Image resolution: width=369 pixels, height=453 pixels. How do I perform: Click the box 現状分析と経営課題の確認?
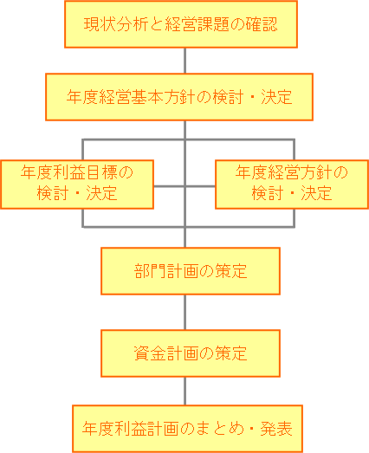181,24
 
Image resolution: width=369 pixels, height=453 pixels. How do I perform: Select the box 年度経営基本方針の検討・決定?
179,97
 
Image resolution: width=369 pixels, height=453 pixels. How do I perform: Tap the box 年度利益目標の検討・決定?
77,184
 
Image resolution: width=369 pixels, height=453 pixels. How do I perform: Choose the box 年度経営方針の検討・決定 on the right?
292,184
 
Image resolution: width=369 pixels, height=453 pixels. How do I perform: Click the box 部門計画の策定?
191,271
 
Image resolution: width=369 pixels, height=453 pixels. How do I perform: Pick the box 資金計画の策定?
191,353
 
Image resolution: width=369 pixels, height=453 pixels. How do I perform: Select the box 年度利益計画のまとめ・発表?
187,429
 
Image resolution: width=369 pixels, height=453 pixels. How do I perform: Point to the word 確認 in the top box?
262,24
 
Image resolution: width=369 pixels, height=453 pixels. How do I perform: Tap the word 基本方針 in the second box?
164,97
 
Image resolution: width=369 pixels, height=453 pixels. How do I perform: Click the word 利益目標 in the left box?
85,172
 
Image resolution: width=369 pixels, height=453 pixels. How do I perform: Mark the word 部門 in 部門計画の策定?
150,271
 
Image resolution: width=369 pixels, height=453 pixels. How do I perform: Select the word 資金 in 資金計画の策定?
150,353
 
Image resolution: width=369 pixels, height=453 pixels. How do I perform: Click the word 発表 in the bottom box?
276,429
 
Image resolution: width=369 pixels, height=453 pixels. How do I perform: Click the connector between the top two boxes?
185,61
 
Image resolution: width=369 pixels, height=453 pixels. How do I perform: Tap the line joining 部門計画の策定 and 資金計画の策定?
185,313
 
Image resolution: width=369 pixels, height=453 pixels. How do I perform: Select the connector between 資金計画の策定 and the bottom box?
185,392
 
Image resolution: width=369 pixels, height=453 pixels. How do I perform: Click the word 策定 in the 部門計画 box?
231,271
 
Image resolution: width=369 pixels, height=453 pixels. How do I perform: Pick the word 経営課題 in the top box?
197,24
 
